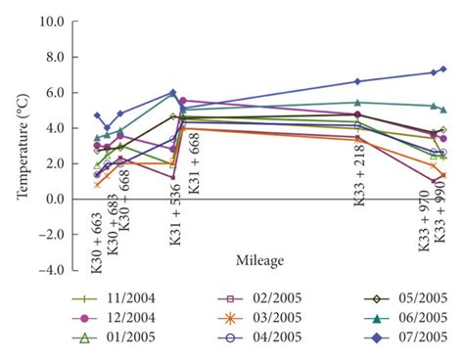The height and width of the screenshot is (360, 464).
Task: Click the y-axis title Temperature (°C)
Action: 22,145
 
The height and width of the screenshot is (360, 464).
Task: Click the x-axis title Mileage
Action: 260,259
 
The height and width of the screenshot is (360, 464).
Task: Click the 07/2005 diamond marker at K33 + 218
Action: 357,81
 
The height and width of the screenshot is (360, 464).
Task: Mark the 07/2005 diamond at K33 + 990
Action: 442,68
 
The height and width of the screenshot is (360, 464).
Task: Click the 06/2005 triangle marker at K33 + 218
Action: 357,102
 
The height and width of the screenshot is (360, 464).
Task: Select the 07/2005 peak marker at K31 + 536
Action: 173,92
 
